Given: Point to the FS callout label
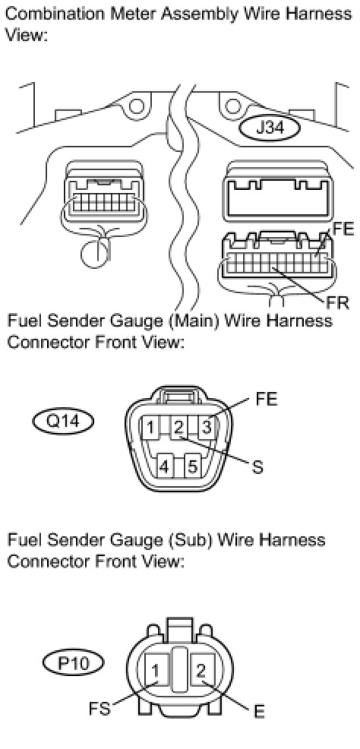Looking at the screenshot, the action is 99,709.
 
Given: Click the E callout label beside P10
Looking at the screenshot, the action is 259,712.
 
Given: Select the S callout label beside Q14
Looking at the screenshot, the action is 257,466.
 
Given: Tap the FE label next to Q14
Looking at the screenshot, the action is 267,400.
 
